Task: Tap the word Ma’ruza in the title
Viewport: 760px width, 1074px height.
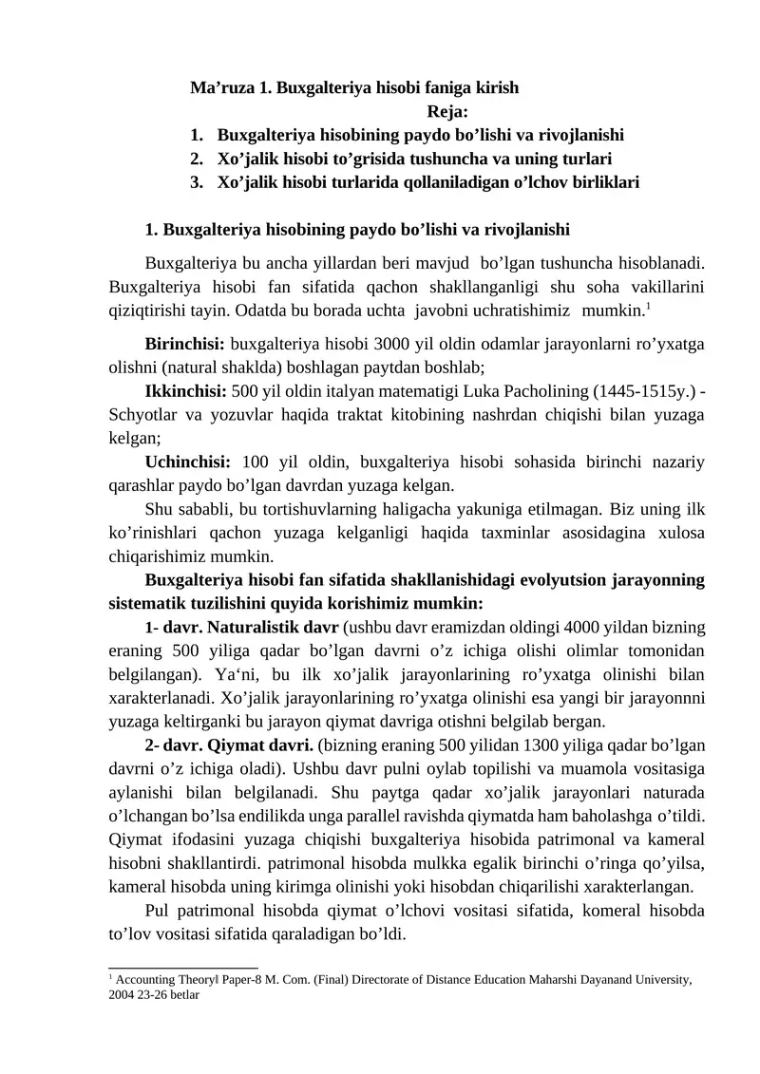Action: click(221, 88)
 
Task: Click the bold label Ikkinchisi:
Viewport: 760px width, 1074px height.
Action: click(184, 390)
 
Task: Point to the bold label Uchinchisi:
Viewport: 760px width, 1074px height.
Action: click(188, 462)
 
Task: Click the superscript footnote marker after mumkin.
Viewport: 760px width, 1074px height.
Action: click(648, 306)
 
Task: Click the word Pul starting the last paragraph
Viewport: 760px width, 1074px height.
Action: click(159, 910)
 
